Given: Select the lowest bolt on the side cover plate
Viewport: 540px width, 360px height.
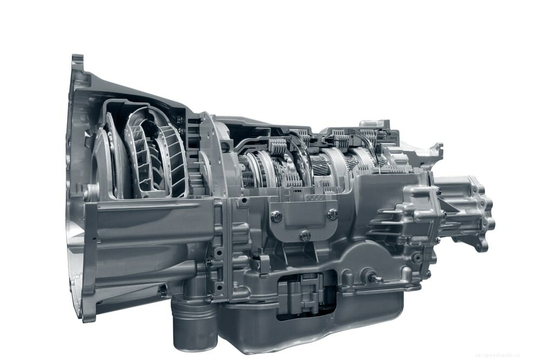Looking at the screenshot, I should (305, 235).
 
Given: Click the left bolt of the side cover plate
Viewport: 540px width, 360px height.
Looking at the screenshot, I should (276, 216).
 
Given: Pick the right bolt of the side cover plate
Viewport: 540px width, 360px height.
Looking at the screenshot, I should (333, 214).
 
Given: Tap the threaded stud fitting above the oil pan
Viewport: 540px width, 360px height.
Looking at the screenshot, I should (373, 277).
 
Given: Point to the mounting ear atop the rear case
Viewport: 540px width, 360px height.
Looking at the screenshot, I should (432, 151).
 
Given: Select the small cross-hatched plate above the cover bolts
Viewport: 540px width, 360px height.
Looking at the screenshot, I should (314, 198).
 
